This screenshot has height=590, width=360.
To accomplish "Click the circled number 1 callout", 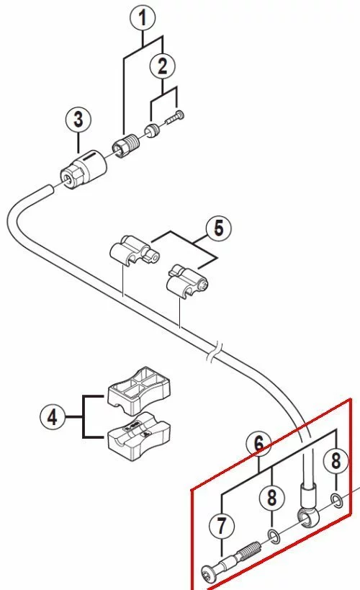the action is click(x=142, y=18).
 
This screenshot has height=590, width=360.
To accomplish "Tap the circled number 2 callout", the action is click(x=162, y=66).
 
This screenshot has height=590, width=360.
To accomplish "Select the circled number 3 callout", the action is click(x=78, y=120).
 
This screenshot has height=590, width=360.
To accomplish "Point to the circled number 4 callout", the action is click(x=53, y=417).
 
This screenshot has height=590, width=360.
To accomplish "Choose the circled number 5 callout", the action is click(x=219, y=228).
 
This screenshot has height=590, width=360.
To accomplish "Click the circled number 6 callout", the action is click(x=258, y=443).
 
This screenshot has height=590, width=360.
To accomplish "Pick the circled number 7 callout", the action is click(x=221, y=525).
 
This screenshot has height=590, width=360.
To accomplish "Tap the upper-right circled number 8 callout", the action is click(x=336, y=460).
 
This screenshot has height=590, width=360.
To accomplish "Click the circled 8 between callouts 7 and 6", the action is click(x=272, y=498).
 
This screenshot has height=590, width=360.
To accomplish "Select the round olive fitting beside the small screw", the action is click(x=152, y=130).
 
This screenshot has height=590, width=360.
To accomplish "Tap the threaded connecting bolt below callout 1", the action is click(x=126, y=146).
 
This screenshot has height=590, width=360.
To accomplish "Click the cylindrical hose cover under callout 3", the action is click(x=84, y=169).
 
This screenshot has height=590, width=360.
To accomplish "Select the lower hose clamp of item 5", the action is click(x=187, y=282).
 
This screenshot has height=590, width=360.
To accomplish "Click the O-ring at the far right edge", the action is click(x=337, y=501).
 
